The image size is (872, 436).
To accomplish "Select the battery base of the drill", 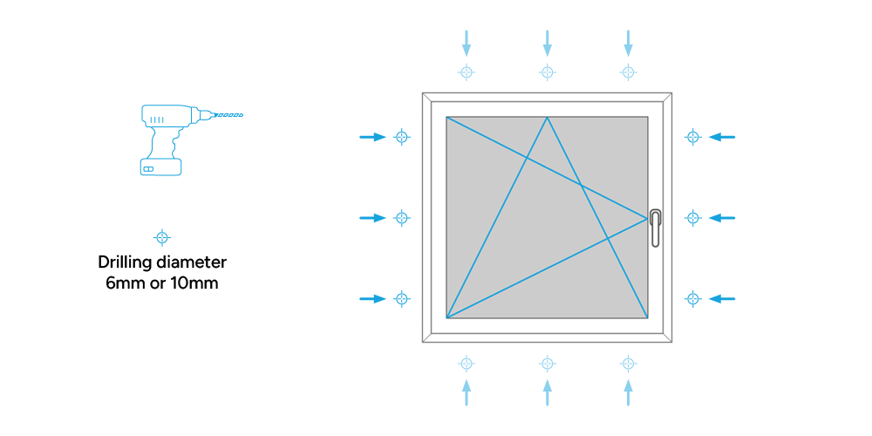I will coord(161,167).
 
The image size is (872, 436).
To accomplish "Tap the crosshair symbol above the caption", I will coord(161,237).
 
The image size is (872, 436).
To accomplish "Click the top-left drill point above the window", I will coord(467,72).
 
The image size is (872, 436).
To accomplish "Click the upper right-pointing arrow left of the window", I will coord(372,137).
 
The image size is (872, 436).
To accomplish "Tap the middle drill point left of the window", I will coord(401,218).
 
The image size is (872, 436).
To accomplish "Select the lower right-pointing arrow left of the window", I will coord(372,299).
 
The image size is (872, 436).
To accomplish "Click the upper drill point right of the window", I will coord(693,137).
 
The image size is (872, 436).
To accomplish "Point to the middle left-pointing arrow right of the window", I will coord(722,218).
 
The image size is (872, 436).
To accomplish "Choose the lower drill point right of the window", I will coord(693,299).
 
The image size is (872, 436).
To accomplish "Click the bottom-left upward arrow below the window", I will coord(467,392).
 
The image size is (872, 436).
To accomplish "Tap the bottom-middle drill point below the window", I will coord(548,364).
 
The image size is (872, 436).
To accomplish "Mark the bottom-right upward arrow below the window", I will coord(628,392).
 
